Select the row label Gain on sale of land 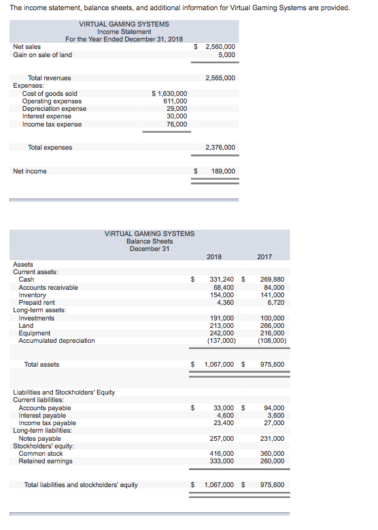(x=42, y=55)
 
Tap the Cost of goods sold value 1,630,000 (x=170, y=93)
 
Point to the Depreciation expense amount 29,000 (x=177, y=109)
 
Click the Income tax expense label (x=52, y=125)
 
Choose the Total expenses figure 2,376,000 (x=220, y=147)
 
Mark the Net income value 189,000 (x=223, y=171)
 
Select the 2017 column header (x=265, y=256)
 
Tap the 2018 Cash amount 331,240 (x=222, y=280)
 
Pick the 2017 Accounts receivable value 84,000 (x=273, y=287)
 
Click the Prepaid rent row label (x=37, y=303)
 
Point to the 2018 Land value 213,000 (x=222, y=326)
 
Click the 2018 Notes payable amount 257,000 (x=222, y=438)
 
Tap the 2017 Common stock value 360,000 (x=272, y=453)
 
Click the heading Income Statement (x=124, y=31)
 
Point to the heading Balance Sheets (x=150, y=241)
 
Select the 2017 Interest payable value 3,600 (x=276, y=415)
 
